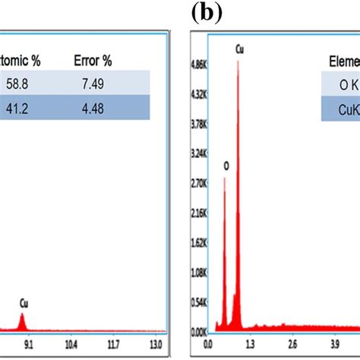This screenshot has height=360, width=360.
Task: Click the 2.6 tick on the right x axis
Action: pos(292,343)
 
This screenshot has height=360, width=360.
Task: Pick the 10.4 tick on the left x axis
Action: pos(70,343)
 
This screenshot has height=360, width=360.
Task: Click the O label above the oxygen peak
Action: pos(225,165)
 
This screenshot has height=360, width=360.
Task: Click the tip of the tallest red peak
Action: pos(238,61)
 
